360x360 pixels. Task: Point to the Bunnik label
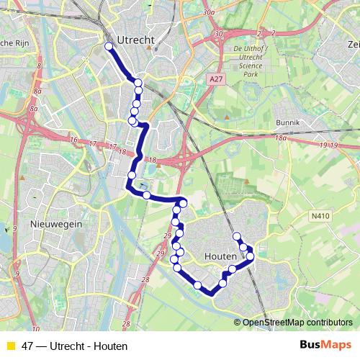tap(288, 122)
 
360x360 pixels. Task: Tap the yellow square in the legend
tap(10, 346)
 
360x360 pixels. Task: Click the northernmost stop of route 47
tap(109, 47)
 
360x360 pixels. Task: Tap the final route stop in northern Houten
tap(236, 236)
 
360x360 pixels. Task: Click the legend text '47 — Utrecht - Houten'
tap(69, 346)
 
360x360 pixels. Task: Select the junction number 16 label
tap(73, 140)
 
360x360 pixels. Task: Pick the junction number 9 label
tap(15, 229)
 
